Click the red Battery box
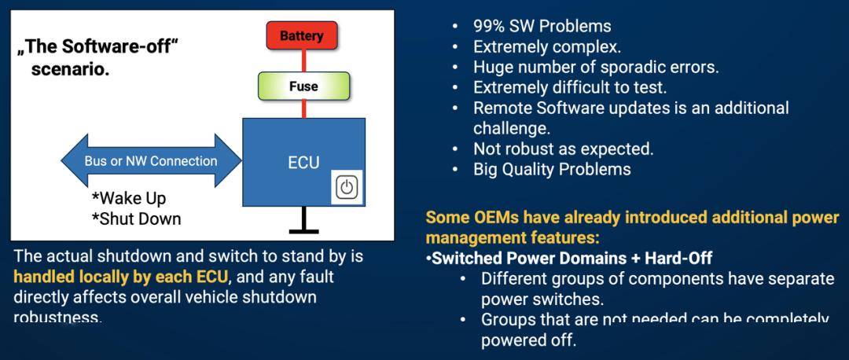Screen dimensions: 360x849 (x=301, y=36)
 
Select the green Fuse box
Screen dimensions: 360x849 (x=303, y=86)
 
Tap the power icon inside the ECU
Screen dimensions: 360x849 (x=347, y=187)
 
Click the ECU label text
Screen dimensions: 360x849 (x=303, y=163)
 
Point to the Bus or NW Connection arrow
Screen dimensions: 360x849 (x=151, y=161)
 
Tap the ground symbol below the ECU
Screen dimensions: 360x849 (x=303, y=229)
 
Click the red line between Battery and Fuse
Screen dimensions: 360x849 (x=303, y=61)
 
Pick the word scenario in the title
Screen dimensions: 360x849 (x=70, y=69)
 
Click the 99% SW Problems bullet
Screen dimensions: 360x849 (x=542, y=26)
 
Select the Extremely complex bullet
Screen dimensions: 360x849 (x=546, y=46)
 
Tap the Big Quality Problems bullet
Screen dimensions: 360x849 (x=552, y=169)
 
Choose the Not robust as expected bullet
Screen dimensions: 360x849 (x=563, y=149)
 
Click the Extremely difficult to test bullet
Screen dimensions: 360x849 (x=569, y=87)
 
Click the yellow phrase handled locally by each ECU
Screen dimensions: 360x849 (x=120, y=277)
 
